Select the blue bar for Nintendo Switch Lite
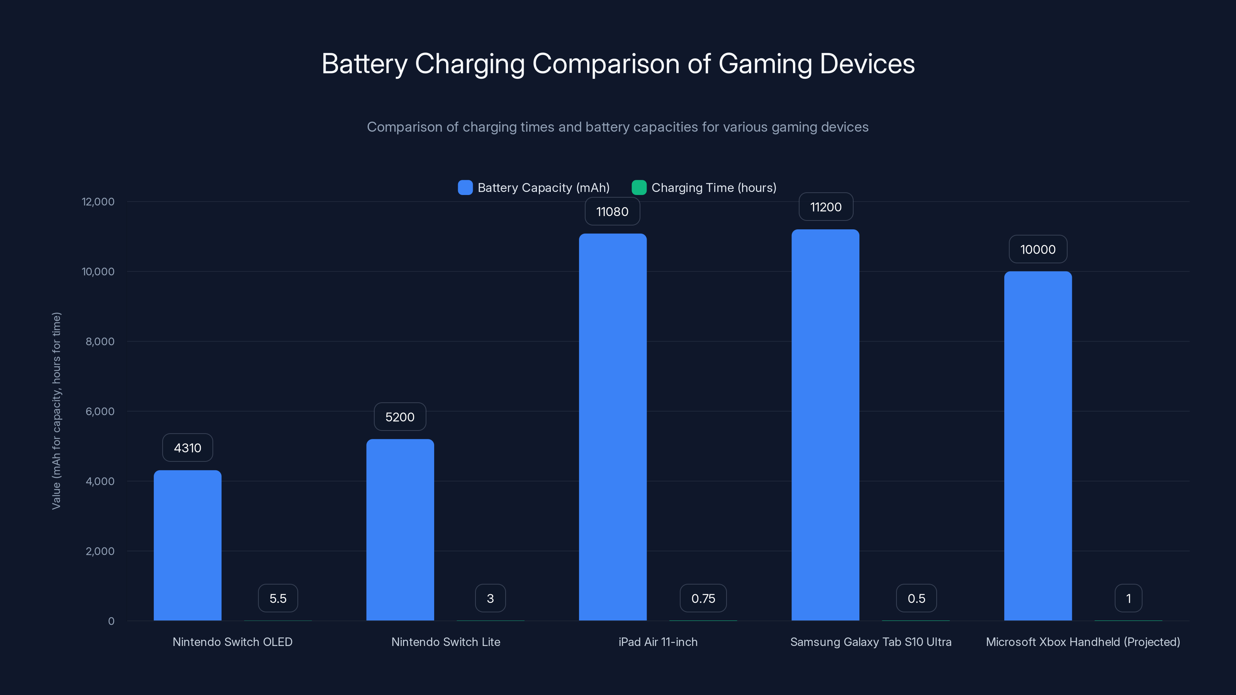[x=400, y=530]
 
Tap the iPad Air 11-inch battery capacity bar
[x=612, y=427]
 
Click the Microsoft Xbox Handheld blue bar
[x=1037, y=446]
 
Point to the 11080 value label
[x=612, y=212]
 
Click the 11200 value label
[x=825, y=207]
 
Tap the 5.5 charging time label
[x=278, y=598]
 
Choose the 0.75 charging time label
[x=703, y=598]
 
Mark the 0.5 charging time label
[x=916, y=598]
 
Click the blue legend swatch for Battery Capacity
[x=465, y=188]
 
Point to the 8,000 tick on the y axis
[x=100, y=341]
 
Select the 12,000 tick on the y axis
[x=98, y=202]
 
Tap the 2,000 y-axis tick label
[x=100, y=551]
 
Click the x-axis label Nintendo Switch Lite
[x=445, y=642]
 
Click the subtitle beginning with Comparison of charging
[x=618, y=127]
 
